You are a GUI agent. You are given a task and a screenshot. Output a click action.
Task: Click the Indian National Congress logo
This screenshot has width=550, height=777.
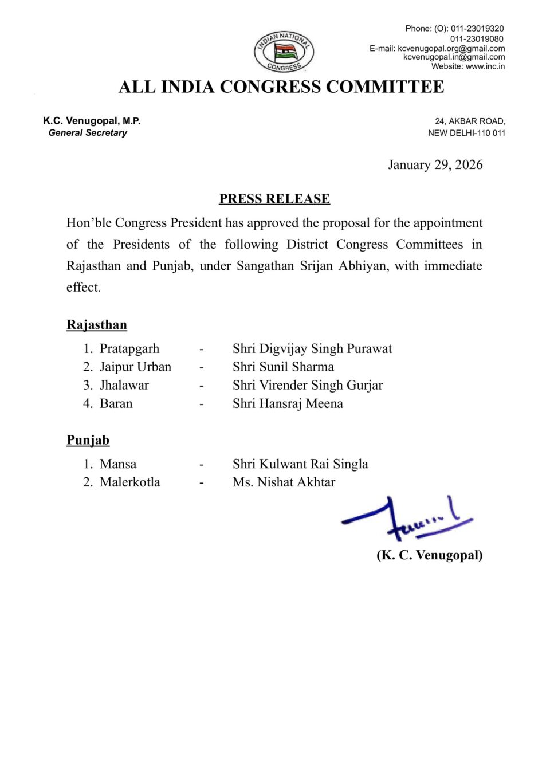(x=284, y=52)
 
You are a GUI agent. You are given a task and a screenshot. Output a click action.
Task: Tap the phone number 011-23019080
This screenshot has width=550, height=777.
(x=477, y=39)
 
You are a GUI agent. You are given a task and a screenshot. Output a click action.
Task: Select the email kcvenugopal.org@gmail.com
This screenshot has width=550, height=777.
(x=451, y=48)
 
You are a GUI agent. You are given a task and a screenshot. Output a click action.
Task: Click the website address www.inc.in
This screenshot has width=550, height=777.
(x=485, y=66)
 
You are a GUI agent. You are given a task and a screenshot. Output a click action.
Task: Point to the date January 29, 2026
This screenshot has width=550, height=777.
(x=435, y=165)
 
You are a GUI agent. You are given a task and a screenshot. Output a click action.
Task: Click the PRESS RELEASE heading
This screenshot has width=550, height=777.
(x=274, y=199)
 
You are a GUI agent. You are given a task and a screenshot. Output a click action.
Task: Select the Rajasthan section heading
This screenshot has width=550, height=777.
(x=97, y=325)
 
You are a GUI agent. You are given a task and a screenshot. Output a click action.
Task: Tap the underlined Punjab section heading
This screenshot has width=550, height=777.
(x=88, y=440)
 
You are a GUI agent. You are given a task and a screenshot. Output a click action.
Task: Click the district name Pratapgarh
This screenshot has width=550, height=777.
(x=129, y=348)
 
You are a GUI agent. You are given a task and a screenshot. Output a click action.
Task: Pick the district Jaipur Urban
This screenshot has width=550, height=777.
(x=135, y=367)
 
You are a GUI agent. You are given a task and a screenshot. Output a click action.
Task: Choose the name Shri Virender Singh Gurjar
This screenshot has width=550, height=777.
(x=308, y=385)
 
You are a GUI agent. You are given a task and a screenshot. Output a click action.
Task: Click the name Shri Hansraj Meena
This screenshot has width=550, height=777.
(x=288, y=403)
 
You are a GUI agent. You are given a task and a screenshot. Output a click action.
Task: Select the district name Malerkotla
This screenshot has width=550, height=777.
(x=130, y=482)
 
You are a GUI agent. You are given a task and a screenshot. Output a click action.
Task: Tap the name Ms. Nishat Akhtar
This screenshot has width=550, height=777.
(x=284, y=482)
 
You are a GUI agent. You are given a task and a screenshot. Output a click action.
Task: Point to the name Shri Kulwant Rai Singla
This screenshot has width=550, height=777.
(x=300, y=464)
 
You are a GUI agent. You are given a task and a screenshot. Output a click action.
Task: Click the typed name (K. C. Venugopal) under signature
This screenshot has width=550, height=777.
(x=429, y=555)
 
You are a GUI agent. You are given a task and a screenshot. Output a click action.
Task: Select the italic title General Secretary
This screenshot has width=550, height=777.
(x=88, y=132)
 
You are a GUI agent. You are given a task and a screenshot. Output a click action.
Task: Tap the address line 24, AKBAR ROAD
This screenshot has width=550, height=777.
(x=470, y=121)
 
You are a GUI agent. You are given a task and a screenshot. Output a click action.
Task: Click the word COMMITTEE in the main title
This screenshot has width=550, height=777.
(x=385, y=87)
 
